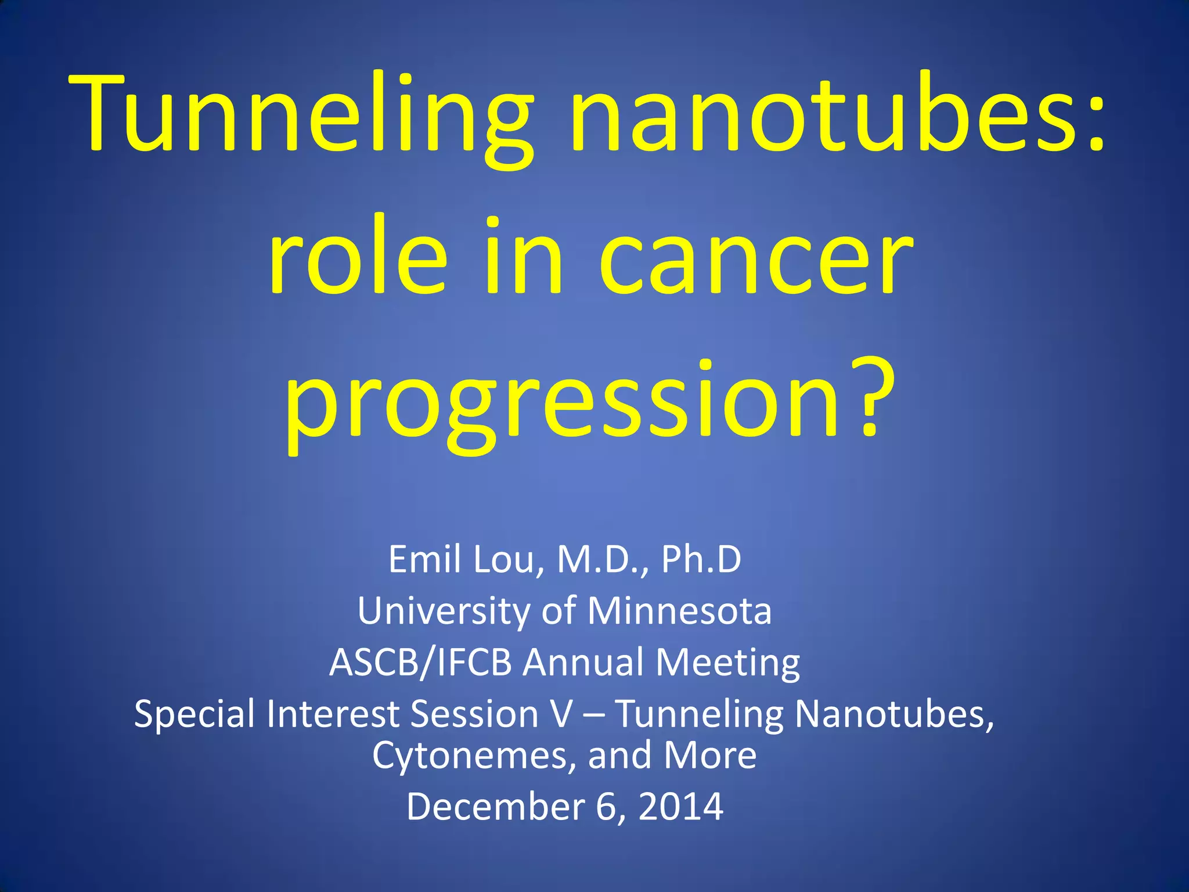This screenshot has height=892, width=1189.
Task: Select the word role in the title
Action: [x=357, y=258]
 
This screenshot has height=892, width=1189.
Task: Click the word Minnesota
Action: [x=679, y=611]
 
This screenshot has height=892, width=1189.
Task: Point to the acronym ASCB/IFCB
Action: [x=420, y=663]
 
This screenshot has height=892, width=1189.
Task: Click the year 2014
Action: [x=680, y=807]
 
